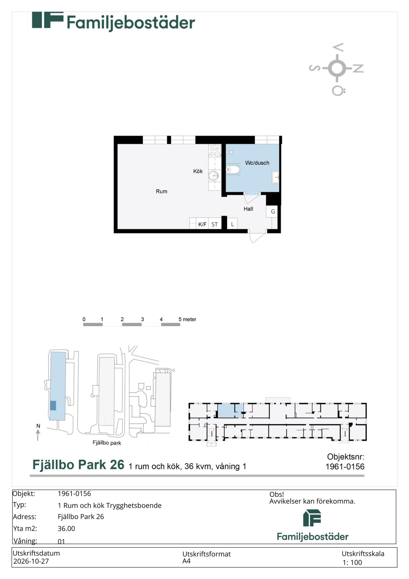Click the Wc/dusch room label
(x=257, y=163)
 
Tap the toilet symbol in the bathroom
(x=233, y=169)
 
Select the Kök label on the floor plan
(x=198, y=171)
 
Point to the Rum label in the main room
(x=162, y=191)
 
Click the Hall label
(x=248, y=209)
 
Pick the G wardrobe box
(x=272, y=211)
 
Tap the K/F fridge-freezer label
(x=202, y=224)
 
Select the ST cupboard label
(x=214, y=224)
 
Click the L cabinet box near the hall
(x=232, y=223)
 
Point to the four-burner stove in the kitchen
(x=214, y=151)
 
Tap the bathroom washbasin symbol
(x=276, y=177)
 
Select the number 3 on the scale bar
(x=142, y=319)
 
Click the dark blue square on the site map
(x=53, y=405)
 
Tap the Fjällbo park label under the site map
(x=107, y=443)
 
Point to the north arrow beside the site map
(x=38, y=435)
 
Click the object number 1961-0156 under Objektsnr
(x=345, y=466)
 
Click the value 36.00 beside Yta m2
(x=66, y=528)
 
